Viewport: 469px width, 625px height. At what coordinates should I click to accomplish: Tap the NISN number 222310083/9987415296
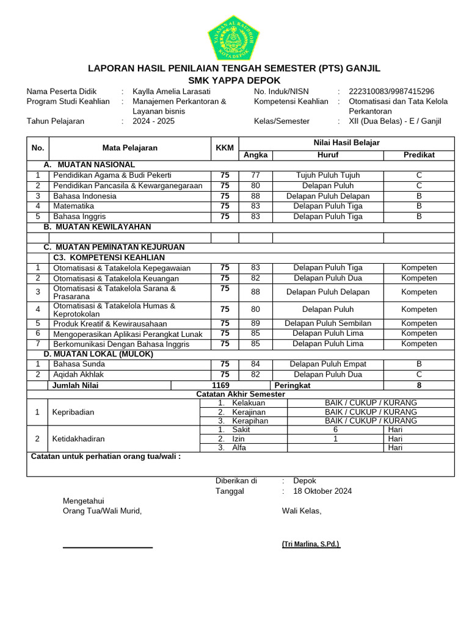click(x=391, y=92)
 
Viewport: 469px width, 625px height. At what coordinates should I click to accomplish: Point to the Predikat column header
click(x=419, y=155)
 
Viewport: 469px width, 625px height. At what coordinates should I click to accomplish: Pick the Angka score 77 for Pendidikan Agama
click(x=255, y=175)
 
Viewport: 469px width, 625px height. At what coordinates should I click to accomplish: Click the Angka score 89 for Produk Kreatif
click(x=255, y=323)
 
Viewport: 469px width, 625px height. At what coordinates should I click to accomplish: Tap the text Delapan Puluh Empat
click(x=327, y=364)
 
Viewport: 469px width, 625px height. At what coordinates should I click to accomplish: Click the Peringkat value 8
click(x=419, y=386)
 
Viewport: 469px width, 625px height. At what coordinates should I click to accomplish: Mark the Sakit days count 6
click(x=335, y=430)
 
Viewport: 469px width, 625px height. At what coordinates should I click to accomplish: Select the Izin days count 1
click(x=335, y=439)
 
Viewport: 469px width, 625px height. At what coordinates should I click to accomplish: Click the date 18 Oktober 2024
click(x=322, y=491)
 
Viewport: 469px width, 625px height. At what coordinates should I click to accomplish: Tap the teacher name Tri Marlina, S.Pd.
click(x=311, y=544)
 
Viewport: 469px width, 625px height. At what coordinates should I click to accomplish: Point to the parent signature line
click(x=107, y=547)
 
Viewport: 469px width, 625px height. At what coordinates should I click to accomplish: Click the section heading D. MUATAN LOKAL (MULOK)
click(x=98, y=354)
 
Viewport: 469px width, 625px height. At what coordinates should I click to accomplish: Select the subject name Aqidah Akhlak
click(x=79, y=375)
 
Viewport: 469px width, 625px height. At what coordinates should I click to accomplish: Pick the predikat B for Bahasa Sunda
click(x=419, y=364)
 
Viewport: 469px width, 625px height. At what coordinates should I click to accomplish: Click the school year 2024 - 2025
click(x=153, y=121)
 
